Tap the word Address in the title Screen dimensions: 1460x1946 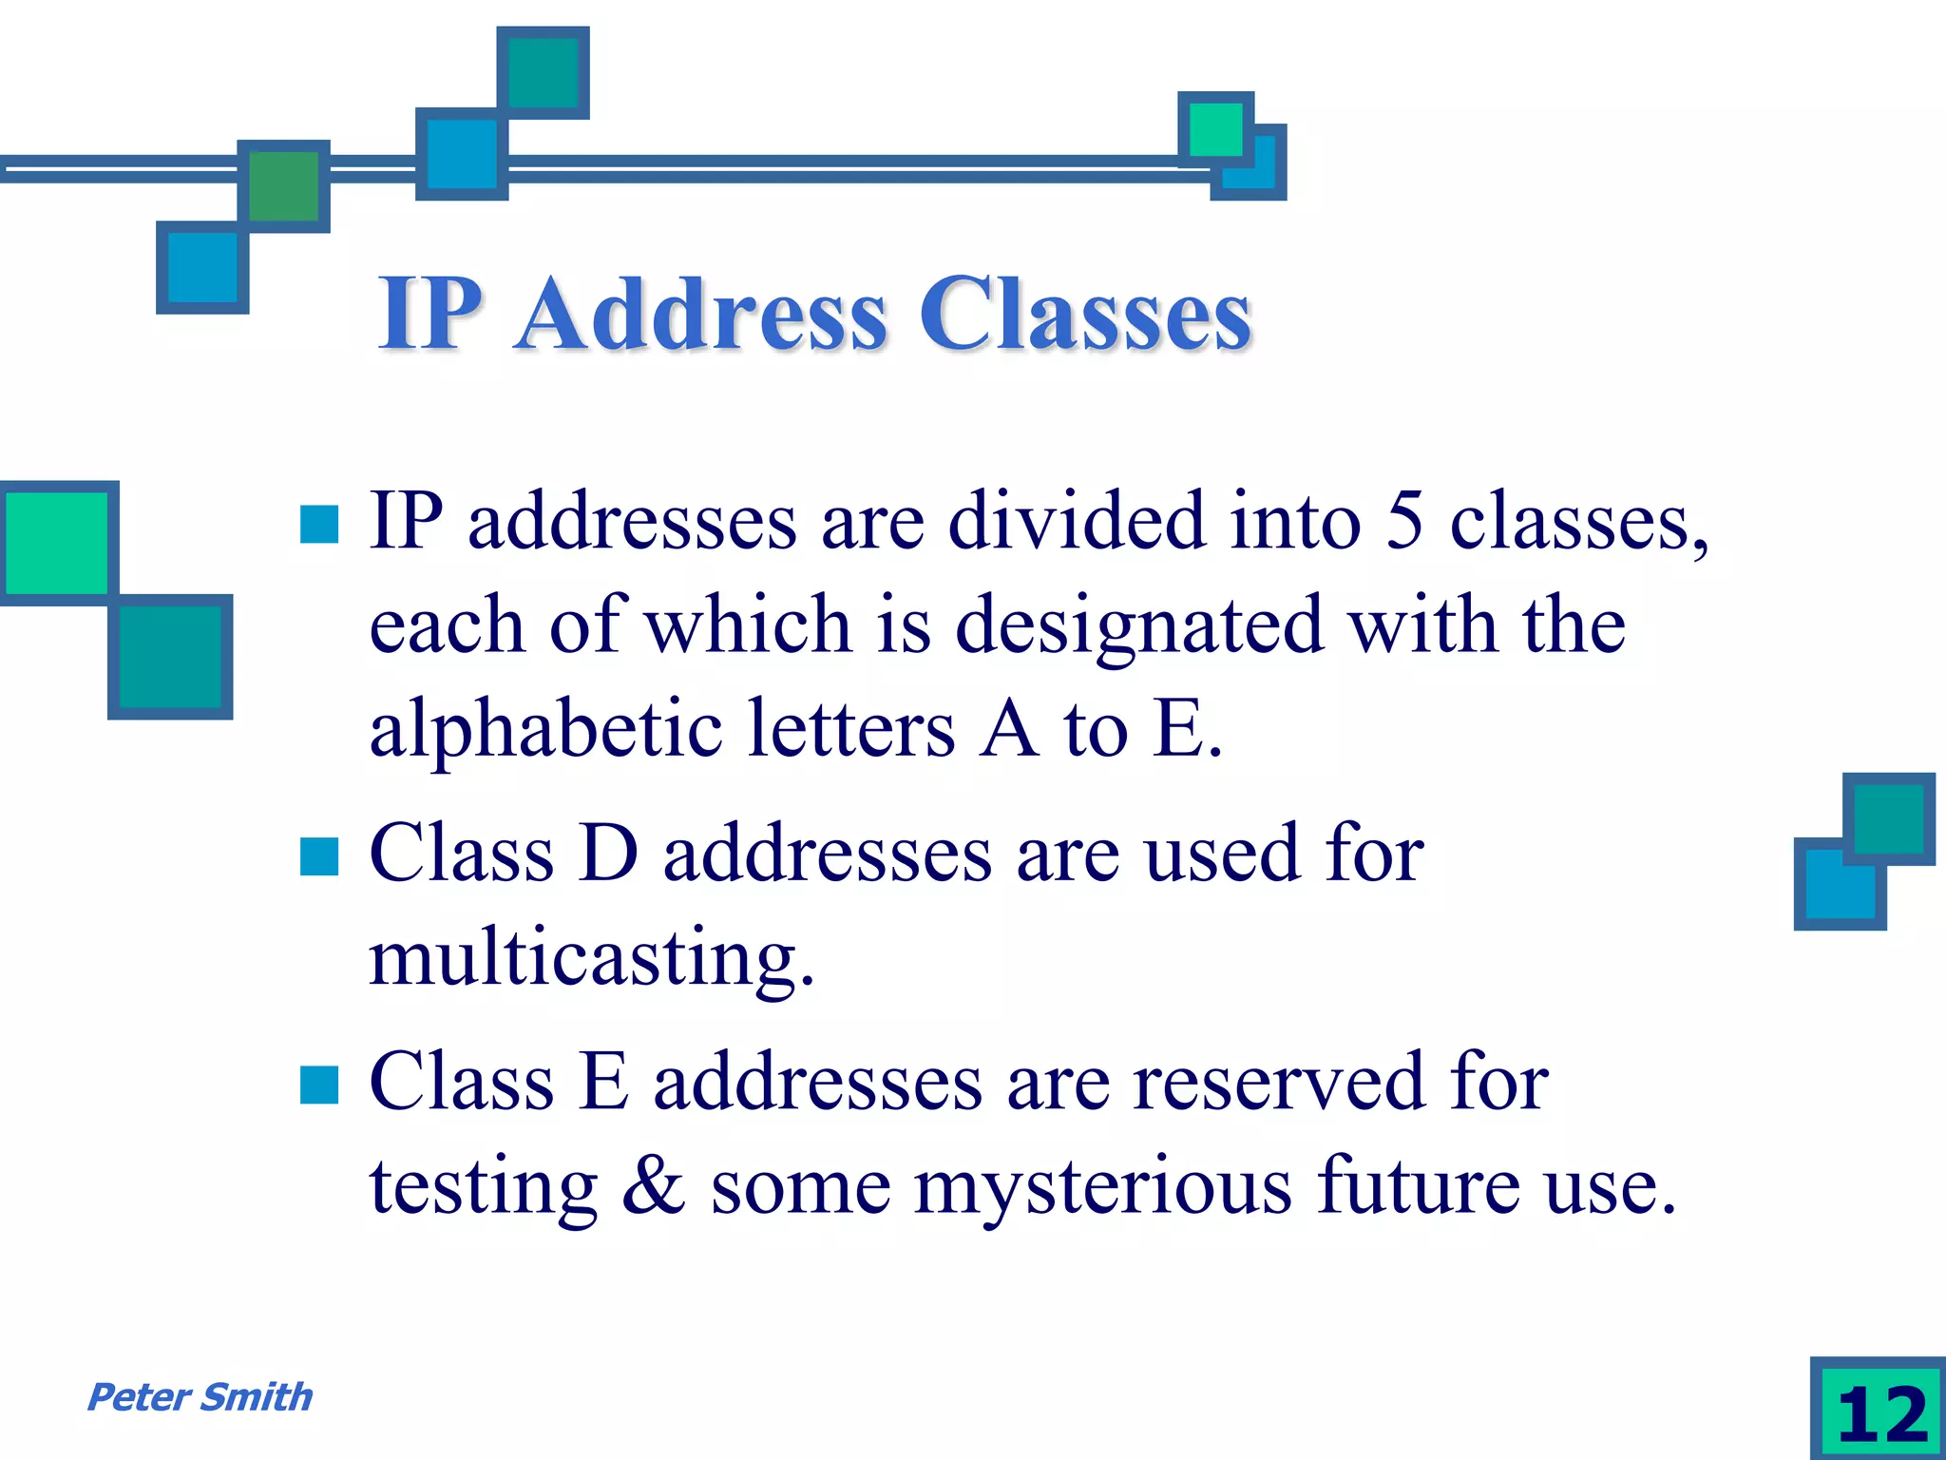point(702,315)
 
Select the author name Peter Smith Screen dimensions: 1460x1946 point(200,1397)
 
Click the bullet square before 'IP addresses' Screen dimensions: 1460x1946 point(319,524)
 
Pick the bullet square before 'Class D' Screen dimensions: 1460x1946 point(319,855)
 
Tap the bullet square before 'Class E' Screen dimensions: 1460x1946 point(319,1085)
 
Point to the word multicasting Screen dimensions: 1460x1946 point(591,958)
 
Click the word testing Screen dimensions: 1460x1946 point(484,1188)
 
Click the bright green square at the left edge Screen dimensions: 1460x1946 point(57,544)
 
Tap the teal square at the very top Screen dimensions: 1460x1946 point(543,73)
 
